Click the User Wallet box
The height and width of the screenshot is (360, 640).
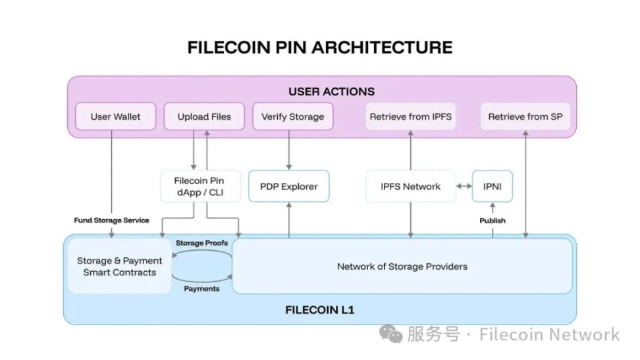tap(116, 116)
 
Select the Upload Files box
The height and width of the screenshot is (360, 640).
tap(204, 116)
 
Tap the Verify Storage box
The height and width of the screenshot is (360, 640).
tap(292, 116)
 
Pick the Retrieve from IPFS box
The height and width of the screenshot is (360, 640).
tap(410, 116)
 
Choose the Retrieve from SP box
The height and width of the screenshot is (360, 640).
tap(525, 116)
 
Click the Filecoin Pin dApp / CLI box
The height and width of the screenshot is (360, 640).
tap(200, 186)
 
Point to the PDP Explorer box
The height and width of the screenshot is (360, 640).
tap(288, 186)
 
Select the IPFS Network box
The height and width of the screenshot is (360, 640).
tap(411, 186)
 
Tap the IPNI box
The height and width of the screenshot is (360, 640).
tap(492, 186)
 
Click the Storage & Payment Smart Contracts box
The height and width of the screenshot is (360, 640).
tap(117, 267)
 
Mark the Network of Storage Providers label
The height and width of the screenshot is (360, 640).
tap(402, 267)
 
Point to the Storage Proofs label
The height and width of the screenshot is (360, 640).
tap(201, 243)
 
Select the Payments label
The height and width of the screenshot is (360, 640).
tap(201, 288)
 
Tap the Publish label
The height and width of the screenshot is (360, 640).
tap(492, 220)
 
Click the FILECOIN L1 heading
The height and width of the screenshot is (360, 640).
tap(320, 309)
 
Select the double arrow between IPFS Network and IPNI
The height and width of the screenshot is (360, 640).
tap(465, 186)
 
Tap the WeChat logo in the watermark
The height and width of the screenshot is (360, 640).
tap(394, 334)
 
